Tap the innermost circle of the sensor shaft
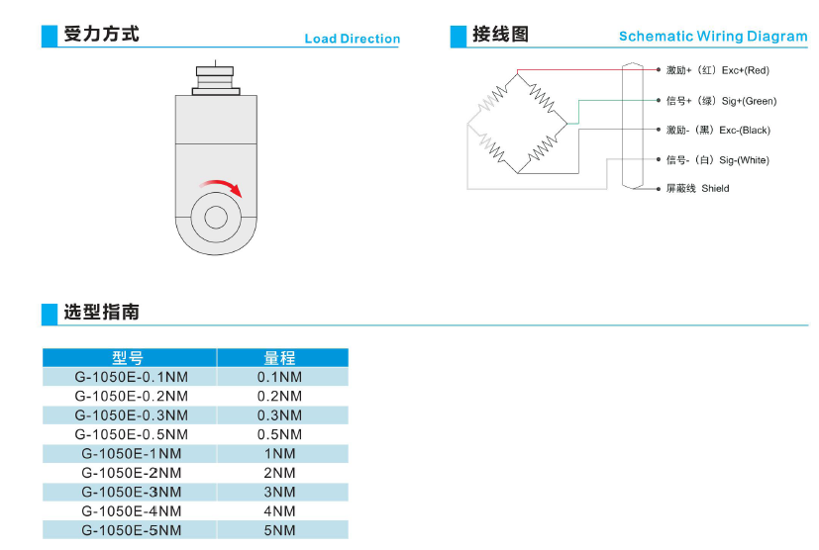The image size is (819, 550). pos(216,218)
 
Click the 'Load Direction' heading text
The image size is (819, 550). pos(352,39)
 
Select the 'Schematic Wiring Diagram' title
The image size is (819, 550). pos(713,36)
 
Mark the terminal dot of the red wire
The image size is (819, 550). pos(659,69)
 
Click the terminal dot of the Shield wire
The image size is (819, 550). pos(659,189)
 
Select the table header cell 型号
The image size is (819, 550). pos(130,358)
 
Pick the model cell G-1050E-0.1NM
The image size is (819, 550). pos(130,377)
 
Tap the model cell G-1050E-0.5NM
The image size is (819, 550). pos(130,434)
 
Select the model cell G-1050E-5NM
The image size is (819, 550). pos(130,530)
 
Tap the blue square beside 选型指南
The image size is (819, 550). pos(50,315)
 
